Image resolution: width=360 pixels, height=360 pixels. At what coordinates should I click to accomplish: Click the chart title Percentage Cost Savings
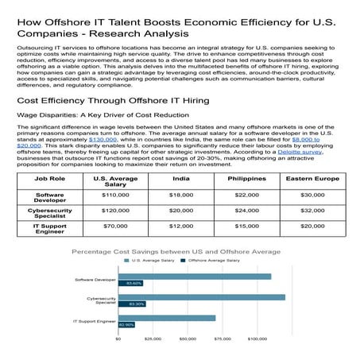click(x=176, y=251)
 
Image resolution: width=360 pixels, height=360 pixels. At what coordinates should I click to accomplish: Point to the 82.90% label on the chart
click(x=127, y=324)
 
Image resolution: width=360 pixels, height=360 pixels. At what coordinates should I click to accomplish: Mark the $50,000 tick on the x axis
click(x=188, y=339)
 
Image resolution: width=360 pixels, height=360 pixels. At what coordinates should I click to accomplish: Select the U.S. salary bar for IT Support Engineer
click(x=167, y=318)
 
